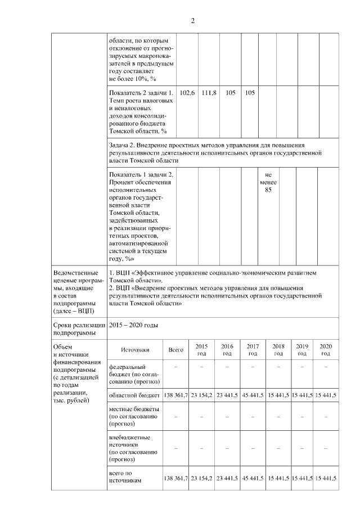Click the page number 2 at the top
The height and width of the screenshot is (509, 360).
coord(192,21)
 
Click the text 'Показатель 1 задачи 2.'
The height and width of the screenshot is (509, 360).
coord(141,175)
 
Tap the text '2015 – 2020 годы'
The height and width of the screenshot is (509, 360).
coord(134,326)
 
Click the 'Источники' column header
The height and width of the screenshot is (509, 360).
coord(135,350)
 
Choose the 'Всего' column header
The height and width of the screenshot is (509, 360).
coord(176,350)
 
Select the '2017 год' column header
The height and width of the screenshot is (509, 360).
coord(253,350)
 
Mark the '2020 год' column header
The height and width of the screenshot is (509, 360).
coord(326,350)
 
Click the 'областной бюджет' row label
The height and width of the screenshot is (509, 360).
coord(135,396)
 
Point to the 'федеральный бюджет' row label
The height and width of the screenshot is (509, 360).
coord(135,374)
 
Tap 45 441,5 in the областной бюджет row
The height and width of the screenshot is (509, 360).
coord(253,396)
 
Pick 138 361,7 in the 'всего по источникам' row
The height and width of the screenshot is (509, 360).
coord(176,479)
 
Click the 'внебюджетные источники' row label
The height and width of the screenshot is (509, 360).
coord(135,448)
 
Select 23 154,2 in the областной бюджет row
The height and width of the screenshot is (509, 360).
coord(201,396)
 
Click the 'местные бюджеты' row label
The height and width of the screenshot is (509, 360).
coord(135,416)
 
